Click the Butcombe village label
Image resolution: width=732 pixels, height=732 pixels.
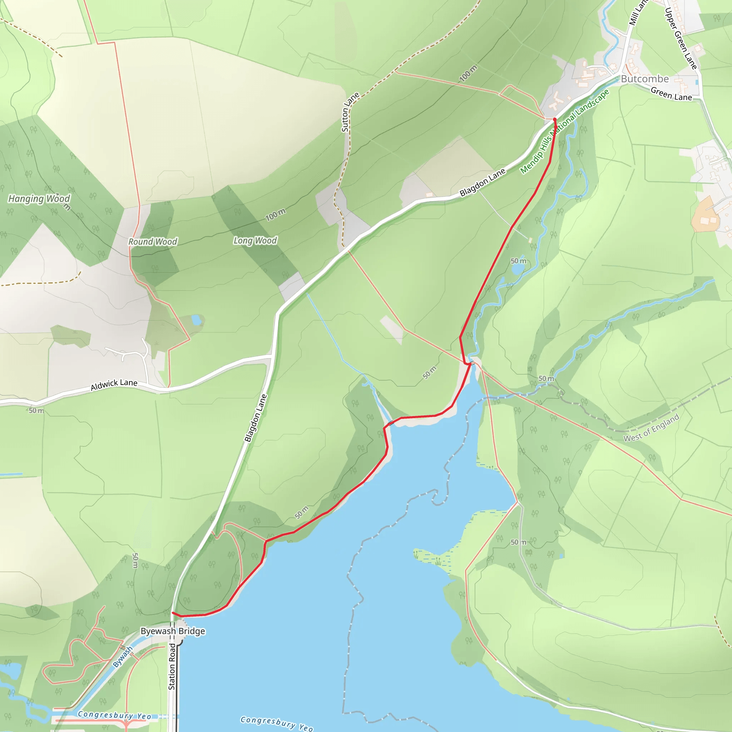click(x=644, y=79)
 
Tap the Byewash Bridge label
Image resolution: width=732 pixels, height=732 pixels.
click(x=173, y=631)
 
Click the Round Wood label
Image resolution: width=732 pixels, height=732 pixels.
click(x=153, y=242)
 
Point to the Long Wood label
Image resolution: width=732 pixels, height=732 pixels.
click(x=255, y=241)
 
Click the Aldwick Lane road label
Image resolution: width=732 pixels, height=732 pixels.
click(x=114, y=385)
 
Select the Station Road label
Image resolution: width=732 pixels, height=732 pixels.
click(x=172, y=667)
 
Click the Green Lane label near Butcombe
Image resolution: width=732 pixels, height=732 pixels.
click(x=671, y=94)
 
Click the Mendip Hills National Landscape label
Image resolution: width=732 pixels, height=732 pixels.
click(x=564, y=132)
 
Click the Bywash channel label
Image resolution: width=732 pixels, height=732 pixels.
click(x=123, y=657)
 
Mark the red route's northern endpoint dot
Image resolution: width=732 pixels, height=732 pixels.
click(x=555, y=119)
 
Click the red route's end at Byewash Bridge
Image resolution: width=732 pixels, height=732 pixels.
click(x=173, y=613)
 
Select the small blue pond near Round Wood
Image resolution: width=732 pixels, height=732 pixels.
click(x=196, y=320)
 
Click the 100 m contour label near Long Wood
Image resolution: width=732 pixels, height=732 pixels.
click(x=275, y=215)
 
